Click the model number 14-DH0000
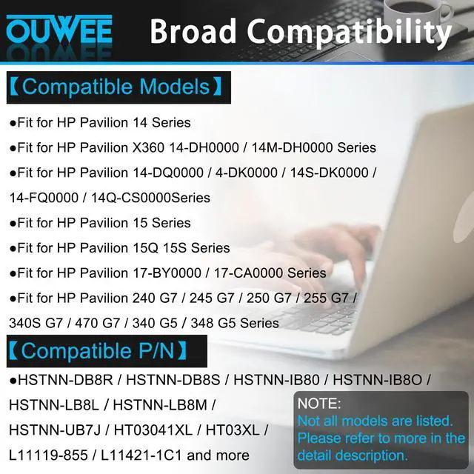tap(227, 147)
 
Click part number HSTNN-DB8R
tap(67, 380)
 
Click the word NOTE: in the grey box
tap(319, 404)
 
